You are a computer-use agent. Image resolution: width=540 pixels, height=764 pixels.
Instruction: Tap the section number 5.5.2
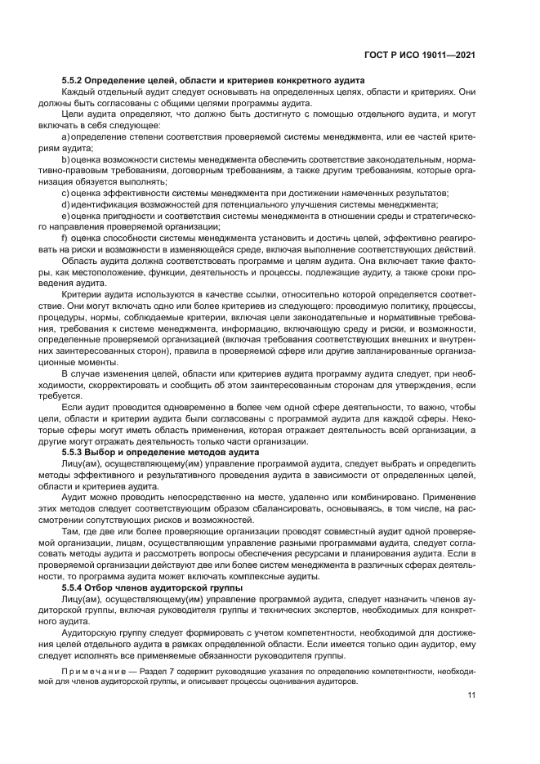pyautogui.click(x=76, y=80)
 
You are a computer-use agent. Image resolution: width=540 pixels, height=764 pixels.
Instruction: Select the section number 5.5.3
pyautogui.click(x=76, y=451)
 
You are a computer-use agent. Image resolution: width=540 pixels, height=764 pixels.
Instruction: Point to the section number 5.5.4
pyautogui.click(x=76, y=588)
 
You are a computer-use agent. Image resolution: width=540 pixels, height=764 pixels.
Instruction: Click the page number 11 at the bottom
pyautogui.click(x=471, y=695)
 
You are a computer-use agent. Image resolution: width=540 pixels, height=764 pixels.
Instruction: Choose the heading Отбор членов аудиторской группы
pyautogui.click(x=164, y=588)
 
